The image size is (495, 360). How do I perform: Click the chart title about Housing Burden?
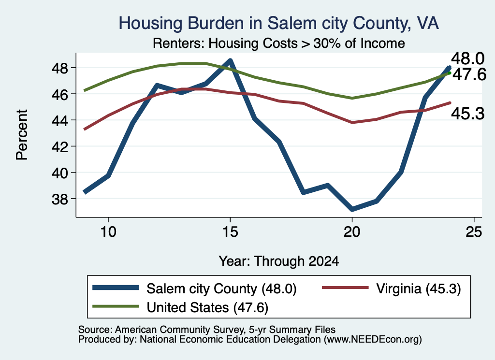(x=278, y=23)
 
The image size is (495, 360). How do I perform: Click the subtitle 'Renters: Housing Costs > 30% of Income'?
(x=279, y=43)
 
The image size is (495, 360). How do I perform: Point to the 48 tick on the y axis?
(x=60, y=68)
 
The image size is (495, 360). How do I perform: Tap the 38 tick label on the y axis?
(x=60, y=199)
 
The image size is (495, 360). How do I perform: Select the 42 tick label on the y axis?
(x=60, y=147)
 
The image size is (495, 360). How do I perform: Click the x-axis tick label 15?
(x=230, y=232)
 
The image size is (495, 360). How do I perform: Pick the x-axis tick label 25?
(x=474, y=232)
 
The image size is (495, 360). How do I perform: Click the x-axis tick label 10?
(x=108, y=232)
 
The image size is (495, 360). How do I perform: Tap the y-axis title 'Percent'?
(x=22, y=135)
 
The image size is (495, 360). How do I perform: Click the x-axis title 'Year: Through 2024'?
(x=279, y=261)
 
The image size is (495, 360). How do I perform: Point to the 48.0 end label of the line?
(x=467, y=58)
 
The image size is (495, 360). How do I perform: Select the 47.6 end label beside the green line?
(x=469, y=75)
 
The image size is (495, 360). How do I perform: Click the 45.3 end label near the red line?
(x=467, y=113)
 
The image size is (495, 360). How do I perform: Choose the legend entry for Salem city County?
(x=194, y=288)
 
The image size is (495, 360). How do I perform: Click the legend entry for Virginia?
(x=391, y=288)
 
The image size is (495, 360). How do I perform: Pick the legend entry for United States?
(x=180, y=307)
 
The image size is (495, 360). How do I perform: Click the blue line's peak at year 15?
(x=230, y=60)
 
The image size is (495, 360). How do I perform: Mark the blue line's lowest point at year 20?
(x=352, y=209)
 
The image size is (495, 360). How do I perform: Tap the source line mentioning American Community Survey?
(x=207, y=330)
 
